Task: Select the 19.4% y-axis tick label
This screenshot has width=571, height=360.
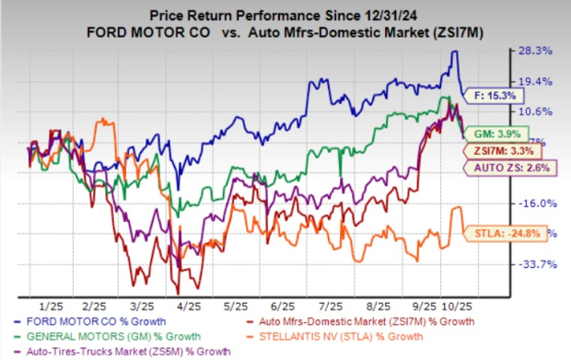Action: pyautogui.click(x=536, y=81)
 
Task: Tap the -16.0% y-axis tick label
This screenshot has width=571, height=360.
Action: pyautogui.click(x=536, y=203)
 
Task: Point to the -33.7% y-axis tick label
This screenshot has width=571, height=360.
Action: pyautogui.click(x=536, y=264)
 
